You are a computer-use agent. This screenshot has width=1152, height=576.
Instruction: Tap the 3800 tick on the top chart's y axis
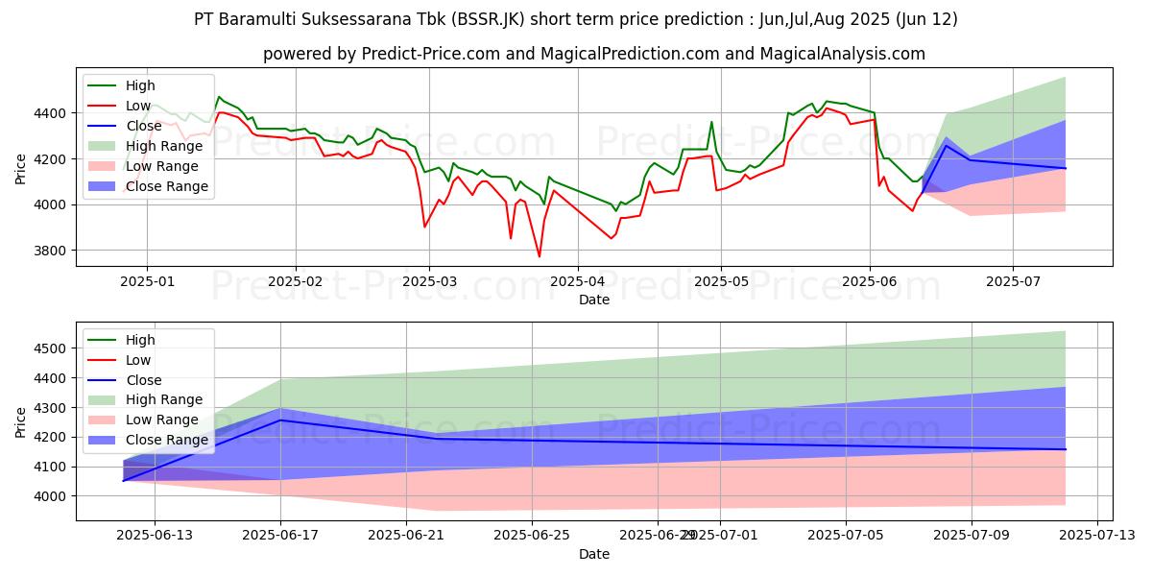coord(54,251)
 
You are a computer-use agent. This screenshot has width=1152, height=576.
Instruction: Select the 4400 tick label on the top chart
coord(54,113)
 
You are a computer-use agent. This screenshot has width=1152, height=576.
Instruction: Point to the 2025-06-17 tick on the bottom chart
coord(280,537)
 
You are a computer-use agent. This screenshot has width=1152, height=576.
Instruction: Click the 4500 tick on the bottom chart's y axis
coord(54,348)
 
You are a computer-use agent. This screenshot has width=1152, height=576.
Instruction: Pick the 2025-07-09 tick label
coord(971,537)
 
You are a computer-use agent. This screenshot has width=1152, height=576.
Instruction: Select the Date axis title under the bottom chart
coord(594,554)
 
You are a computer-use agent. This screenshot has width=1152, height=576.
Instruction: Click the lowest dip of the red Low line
coord(539,256)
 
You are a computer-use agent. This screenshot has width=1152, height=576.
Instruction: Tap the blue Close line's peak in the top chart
coord(946,145)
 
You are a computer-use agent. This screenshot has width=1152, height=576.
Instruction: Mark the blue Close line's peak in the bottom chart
coord(280,420)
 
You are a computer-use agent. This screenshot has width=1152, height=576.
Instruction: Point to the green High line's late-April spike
coord(711,122)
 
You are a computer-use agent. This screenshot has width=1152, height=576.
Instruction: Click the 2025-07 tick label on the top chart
coord(1012,283)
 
